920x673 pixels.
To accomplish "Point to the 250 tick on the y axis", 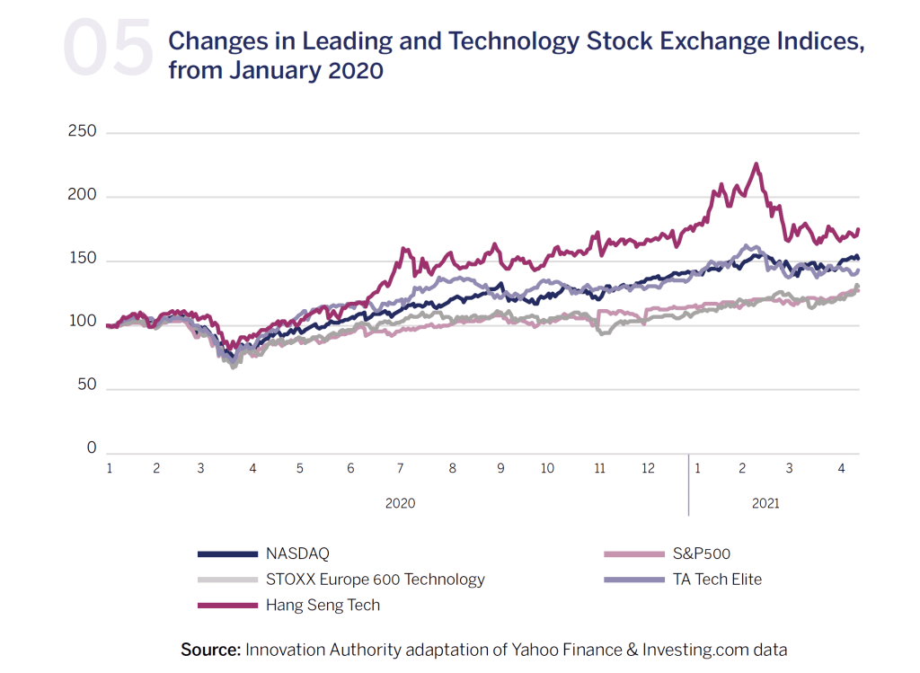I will (x=82, y=132).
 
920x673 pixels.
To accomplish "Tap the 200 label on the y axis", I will (x=82, y=196).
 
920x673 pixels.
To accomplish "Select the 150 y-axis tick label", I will (x=82, y=261).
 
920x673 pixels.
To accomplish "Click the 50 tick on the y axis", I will (x=86, y=388).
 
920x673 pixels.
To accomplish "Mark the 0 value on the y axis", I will (x=91, y=448).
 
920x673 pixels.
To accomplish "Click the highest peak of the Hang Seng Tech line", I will (x=756, y=164).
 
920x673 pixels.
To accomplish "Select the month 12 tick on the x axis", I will (x=648, y=468).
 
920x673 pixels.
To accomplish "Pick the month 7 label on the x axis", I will (x=401, y=468).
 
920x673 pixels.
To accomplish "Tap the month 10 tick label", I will (x=547, y=468).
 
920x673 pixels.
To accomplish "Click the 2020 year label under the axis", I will (x=400, y=503).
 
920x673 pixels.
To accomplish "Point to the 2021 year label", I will (x=765, y=503).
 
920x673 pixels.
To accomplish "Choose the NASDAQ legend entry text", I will (x=296, y=553).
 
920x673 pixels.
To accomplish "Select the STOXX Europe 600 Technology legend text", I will (x=375, y=580).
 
